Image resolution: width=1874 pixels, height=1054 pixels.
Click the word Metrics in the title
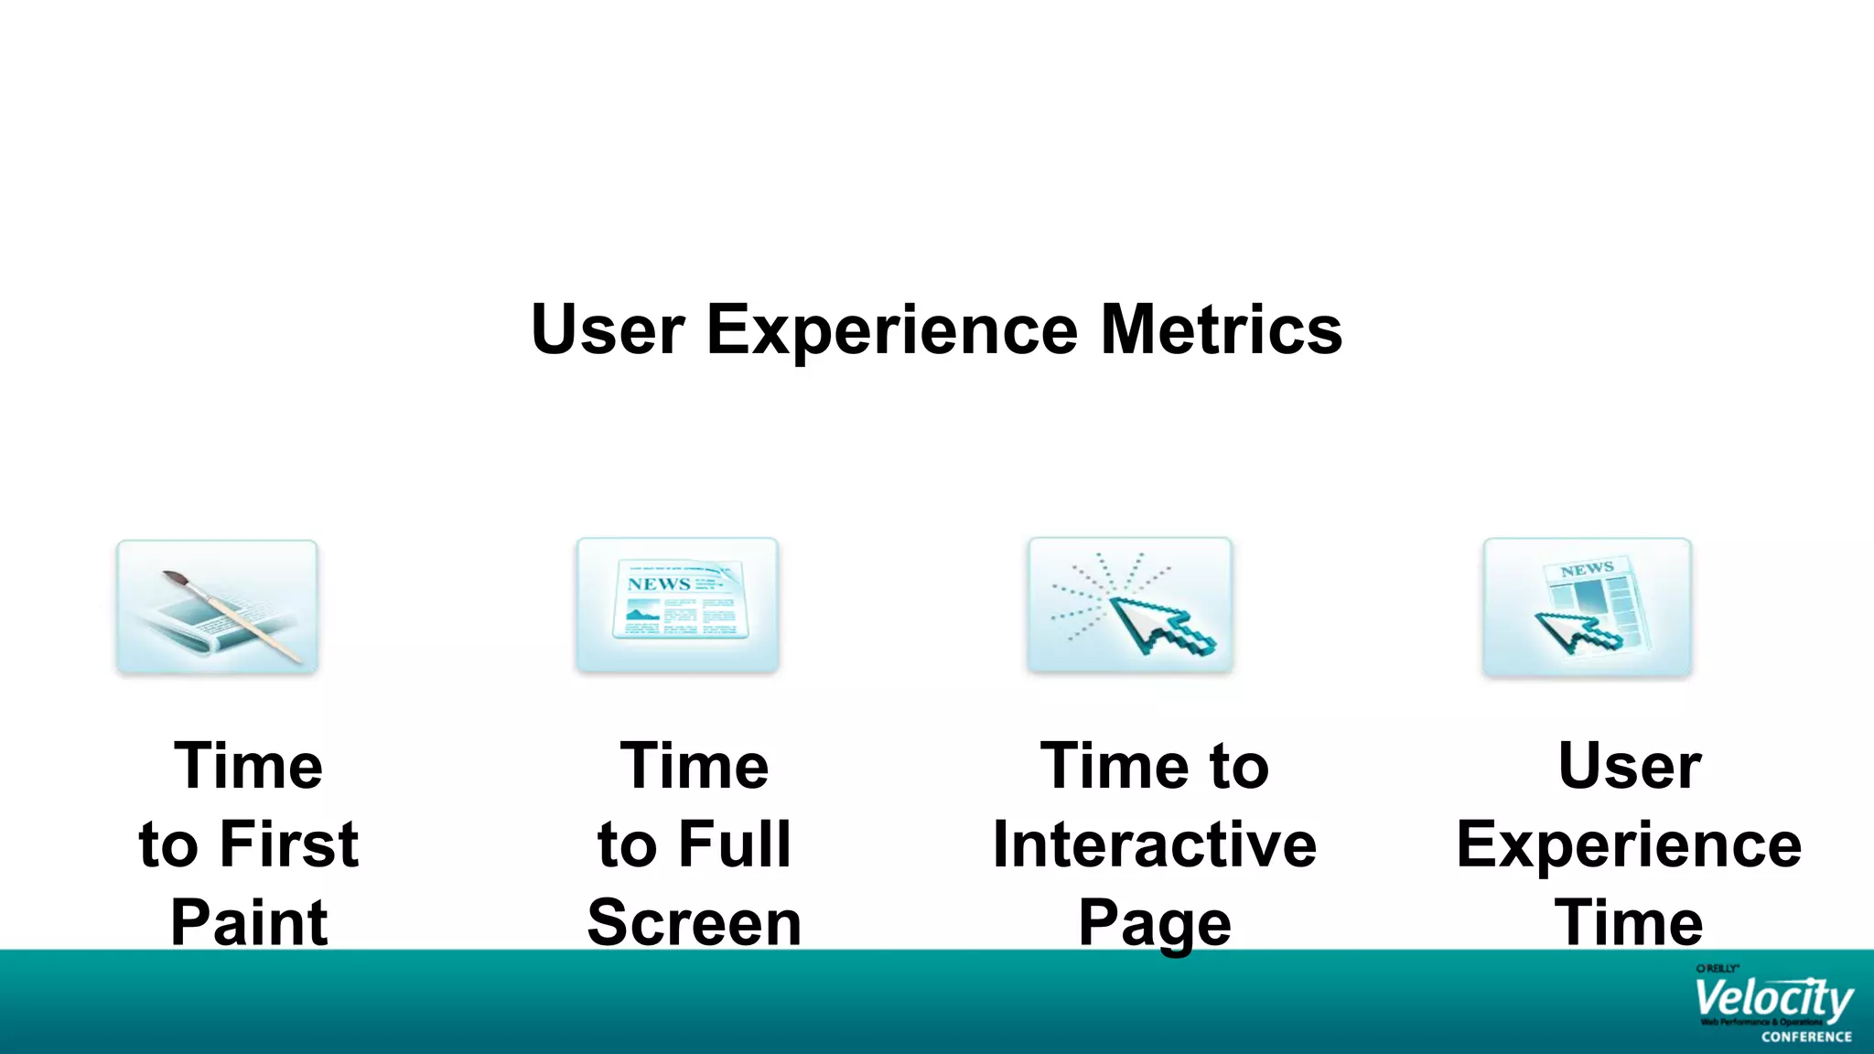1222,329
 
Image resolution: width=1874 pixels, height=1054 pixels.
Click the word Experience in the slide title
892,329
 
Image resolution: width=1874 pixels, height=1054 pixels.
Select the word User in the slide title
608,329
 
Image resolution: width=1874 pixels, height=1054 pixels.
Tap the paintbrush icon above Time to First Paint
217,608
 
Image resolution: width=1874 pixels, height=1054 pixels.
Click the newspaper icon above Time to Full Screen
677,606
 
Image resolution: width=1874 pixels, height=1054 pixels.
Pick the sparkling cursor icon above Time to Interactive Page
1130,606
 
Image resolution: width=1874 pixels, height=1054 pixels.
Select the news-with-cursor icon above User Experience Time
1587,608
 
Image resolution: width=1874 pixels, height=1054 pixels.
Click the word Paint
249,922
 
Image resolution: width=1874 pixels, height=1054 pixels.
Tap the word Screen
695,922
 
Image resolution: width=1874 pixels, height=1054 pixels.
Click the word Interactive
1155,844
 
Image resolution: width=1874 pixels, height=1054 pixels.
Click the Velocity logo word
1772,999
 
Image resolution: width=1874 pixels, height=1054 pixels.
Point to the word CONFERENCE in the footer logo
1806,1037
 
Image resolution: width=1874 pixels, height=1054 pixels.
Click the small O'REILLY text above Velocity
1717,968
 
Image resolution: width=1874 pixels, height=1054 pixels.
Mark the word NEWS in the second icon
659,584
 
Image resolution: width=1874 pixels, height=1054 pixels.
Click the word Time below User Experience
1629,922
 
